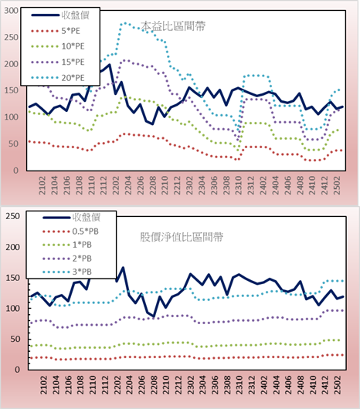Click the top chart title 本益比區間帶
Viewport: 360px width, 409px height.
[173, 26]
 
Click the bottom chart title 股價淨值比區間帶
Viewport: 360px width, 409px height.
[182, 237]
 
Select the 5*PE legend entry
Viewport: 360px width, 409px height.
[56, 31]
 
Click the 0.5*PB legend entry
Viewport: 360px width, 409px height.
[71, 232]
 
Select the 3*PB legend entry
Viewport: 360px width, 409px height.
[67, 272]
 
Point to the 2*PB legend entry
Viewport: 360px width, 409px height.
[67, 259]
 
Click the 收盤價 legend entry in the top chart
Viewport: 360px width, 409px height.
[60, 15]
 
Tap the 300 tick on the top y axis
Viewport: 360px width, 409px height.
[12, 11]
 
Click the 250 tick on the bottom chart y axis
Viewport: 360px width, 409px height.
[13, 216]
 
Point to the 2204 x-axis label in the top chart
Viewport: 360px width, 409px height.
[128, 185]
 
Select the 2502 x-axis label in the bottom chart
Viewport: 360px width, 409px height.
[338, 385]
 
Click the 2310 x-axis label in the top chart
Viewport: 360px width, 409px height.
[239, 185]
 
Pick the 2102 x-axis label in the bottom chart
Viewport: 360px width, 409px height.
[43, 385]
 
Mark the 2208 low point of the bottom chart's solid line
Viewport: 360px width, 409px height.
[154, 316]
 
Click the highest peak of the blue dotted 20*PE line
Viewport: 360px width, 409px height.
[125, 23]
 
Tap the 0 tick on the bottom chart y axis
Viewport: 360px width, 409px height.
[17, 370]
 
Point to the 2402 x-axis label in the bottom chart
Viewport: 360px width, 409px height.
[265, 385]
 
